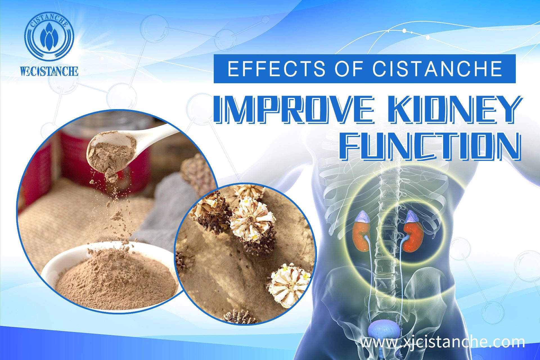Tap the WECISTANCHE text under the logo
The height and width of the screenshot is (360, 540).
point(49,71)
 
